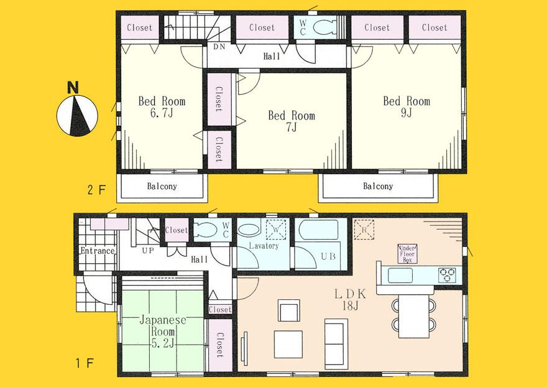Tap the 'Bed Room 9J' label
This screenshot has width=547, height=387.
406,106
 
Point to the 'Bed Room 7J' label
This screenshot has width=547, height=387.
291,121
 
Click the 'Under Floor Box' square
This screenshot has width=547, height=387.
407,254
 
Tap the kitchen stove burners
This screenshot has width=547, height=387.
448,273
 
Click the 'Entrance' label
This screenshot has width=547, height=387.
96,251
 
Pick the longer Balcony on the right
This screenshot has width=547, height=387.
378,187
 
